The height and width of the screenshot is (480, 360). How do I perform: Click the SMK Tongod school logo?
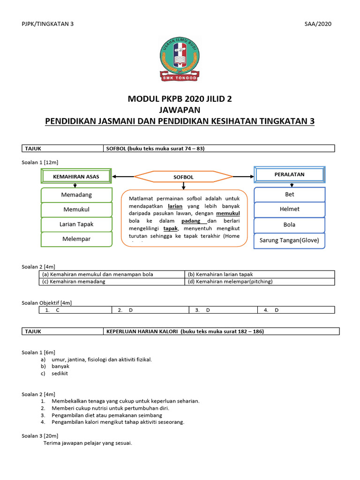(x=180, y=59)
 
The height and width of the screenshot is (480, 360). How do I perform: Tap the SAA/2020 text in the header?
(x=318, y=24)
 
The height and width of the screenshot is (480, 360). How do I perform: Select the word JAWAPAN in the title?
(x=180, y=110)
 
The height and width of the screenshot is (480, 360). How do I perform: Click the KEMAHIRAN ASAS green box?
(x=76, y=176)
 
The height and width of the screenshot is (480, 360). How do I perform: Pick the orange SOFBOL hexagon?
(x=183, y=177)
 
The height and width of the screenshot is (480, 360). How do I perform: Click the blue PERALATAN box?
(x=289, y=174)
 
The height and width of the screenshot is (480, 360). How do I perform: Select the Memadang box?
(x=76, y=195)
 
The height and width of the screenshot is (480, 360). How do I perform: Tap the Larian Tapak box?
(x=76, y=224)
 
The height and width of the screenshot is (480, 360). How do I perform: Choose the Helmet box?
(x=289, y=209)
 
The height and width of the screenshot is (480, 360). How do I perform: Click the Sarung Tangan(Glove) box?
(x=289, y=240)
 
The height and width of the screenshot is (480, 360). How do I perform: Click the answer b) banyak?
(x=60, y=366)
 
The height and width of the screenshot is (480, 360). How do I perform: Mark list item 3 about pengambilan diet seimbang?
(x=107, y=415)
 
